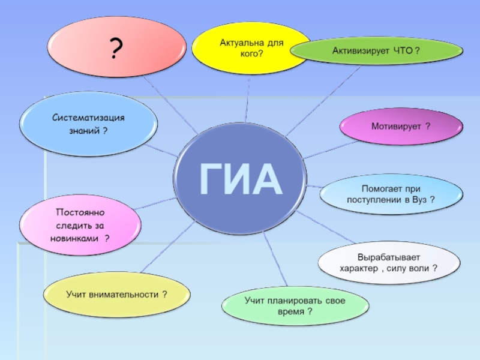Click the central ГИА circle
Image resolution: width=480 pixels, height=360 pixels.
pyautogui.click(x=240, y=178)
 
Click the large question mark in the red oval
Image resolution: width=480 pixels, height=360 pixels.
pyautogui.click(x=116, y=48)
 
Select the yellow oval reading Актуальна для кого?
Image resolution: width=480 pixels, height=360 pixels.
pyautogui.click(x=251, y=48)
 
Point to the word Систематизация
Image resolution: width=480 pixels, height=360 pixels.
pyautogui.click(x=88, y=118)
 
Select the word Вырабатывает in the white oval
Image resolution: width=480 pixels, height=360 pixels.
pyautogui.click(x=389, y=257)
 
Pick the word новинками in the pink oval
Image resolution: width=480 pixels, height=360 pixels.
pyautogui.click(x=74, y=238)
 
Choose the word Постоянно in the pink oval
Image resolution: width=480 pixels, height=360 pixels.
pyautogui.click(x=80, y=212)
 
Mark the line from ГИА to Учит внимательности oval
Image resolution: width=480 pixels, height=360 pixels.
pyautogui.click(x=168, y=247)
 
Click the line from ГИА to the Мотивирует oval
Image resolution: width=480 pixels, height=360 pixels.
pyautogui.click(x=331, y=150)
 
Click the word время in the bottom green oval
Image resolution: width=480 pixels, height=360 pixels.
pyautogui.click(x=290, y=311)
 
